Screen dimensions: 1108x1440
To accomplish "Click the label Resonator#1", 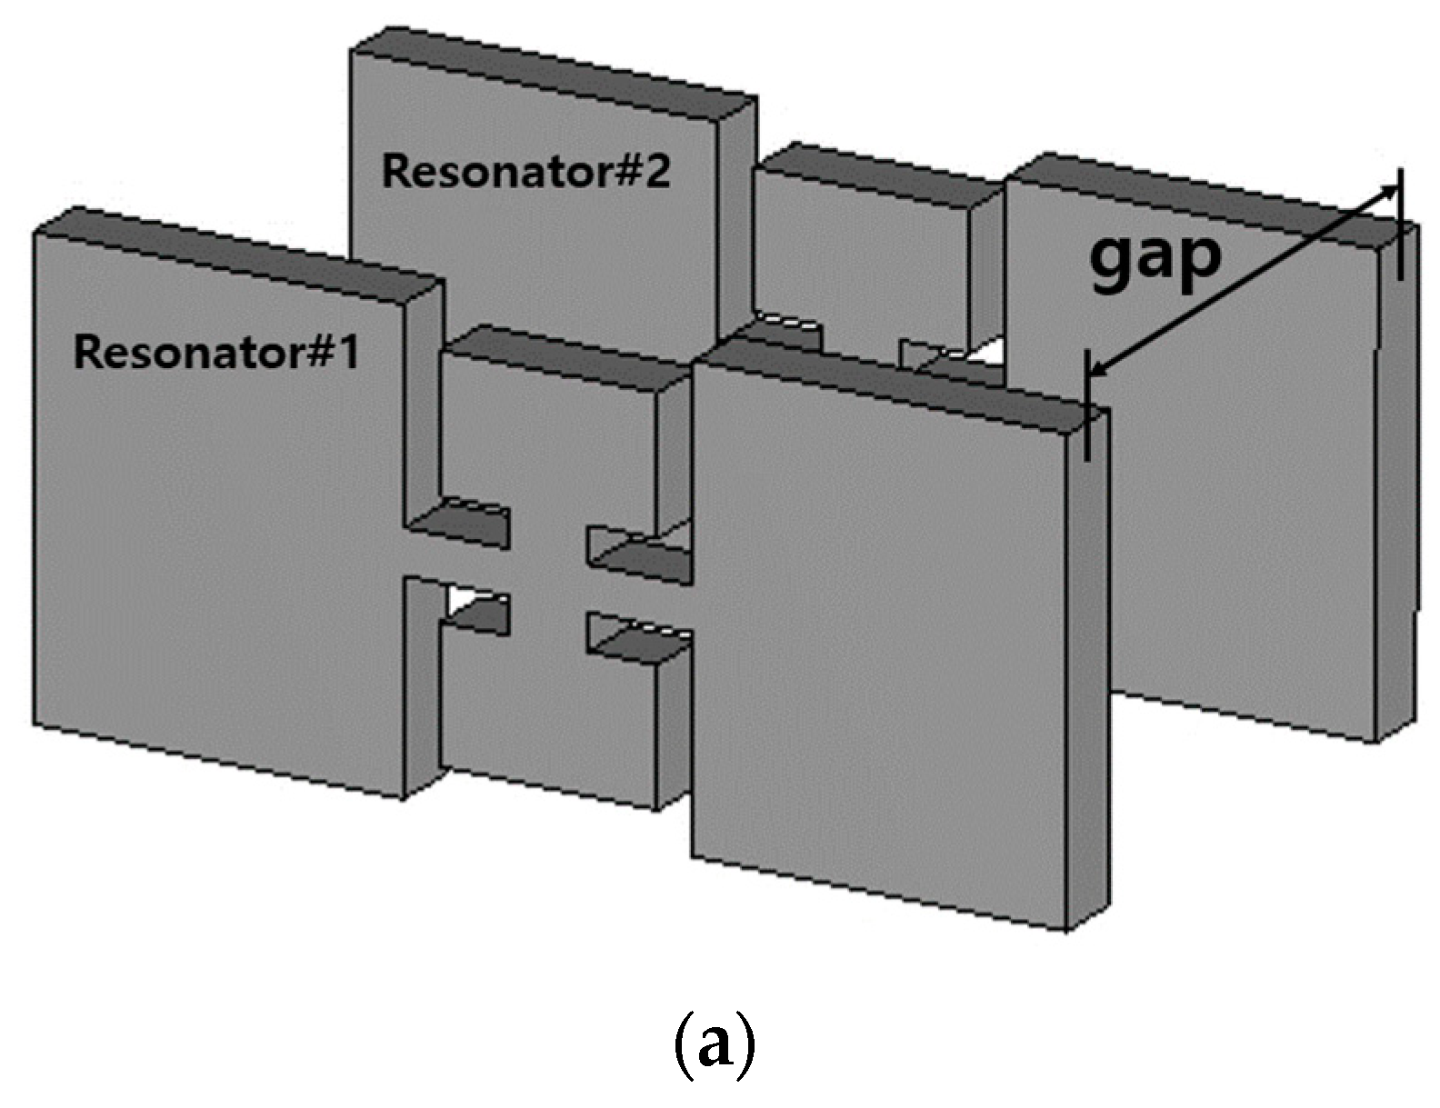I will tap(215, 353).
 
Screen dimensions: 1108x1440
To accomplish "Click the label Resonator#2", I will tap(525, 171).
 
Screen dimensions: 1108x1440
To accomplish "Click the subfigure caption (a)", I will tap(714, 1043).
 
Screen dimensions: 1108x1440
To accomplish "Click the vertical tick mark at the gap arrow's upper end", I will tap(1400, 224).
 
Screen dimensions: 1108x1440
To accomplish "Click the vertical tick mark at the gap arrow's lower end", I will tap(1086, 404).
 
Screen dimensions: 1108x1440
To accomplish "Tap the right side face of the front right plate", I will tap(1087, 673).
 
